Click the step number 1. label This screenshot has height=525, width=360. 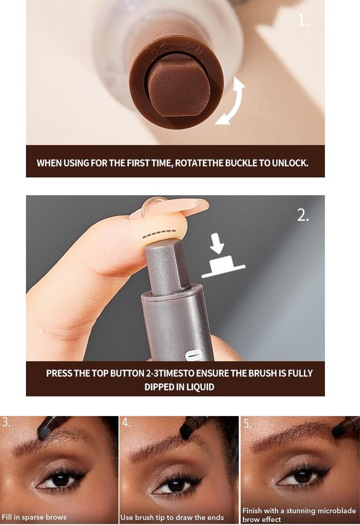pyautogui.click(x=303, y=21)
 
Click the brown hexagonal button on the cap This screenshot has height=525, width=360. pyautogui.click(x=178, y=85)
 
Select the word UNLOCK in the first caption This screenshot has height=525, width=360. pyautogui.click(x=290, y=163)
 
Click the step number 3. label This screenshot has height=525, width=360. pyautogui.click(x=6, y=423)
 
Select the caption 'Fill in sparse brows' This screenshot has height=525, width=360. pyautogui.click(x=34, y=517)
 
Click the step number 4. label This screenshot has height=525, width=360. pyautogui.click(x=126, y=423)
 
